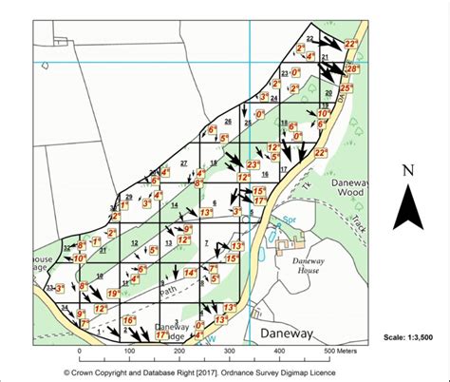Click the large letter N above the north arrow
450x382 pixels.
coord(409,172)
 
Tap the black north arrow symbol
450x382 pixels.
coord(409,209)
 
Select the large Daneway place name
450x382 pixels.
coord(291,334)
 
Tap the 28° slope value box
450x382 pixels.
coord(352,69)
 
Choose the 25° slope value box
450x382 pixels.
coord(346,89)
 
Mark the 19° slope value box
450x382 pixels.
coord(112,295)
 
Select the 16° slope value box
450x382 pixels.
coord(129,321)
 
